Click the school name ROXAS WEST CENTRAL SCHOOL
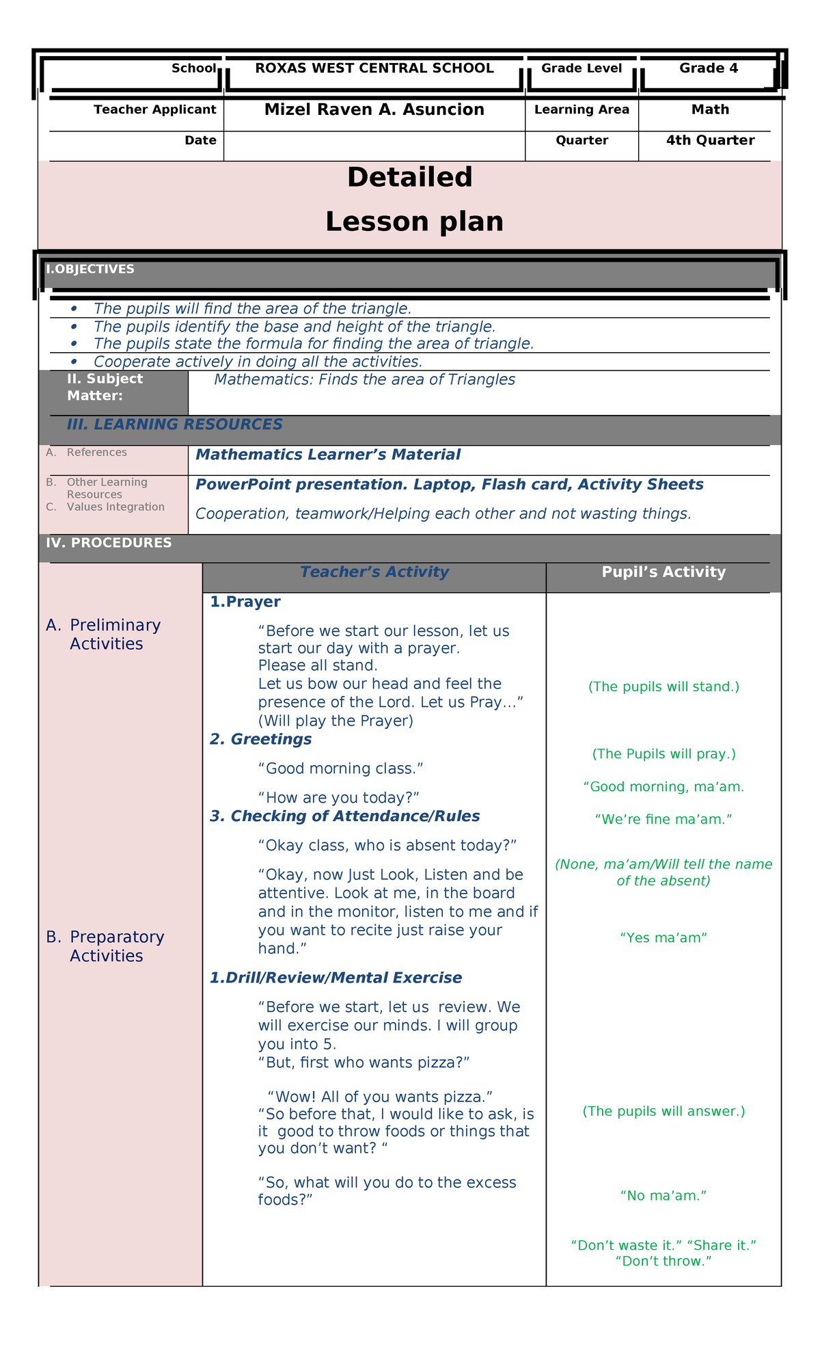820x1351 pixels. pos(374,68)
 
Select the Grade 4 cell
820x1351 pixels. pos(708,68)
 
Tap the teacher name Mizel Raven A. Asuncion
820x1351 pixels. pos(374,110)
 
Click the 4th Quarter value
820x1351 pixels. pos(710,141)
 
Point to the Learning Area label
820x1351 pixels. pos(582,110)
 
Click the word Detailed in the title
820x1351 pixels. pos(409,178)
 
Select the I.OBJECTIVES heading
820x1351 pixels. pos(90,269)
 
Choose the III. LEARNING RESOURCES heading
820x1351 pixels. pos(174,425)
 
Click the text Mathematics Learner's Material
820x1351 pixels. pos(327,455)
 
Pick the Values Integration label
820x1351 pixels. pos(115,507)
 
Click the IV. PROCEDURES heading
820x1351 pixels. pos(109,543)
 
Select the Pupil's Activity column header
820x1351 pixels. pos(663,572)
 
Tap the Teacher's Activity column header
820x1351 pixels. pos(374,572)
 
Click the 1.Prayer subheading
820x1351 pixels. pos(245,602)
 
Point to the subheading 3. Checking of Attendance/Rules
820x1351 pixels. pos(344,816)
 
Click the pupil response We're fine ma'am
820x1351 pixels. pos(663,819)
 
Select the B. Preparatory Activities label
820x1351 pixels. pos(106,946)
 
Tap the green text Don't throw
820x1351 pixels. pos(663,1261)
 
